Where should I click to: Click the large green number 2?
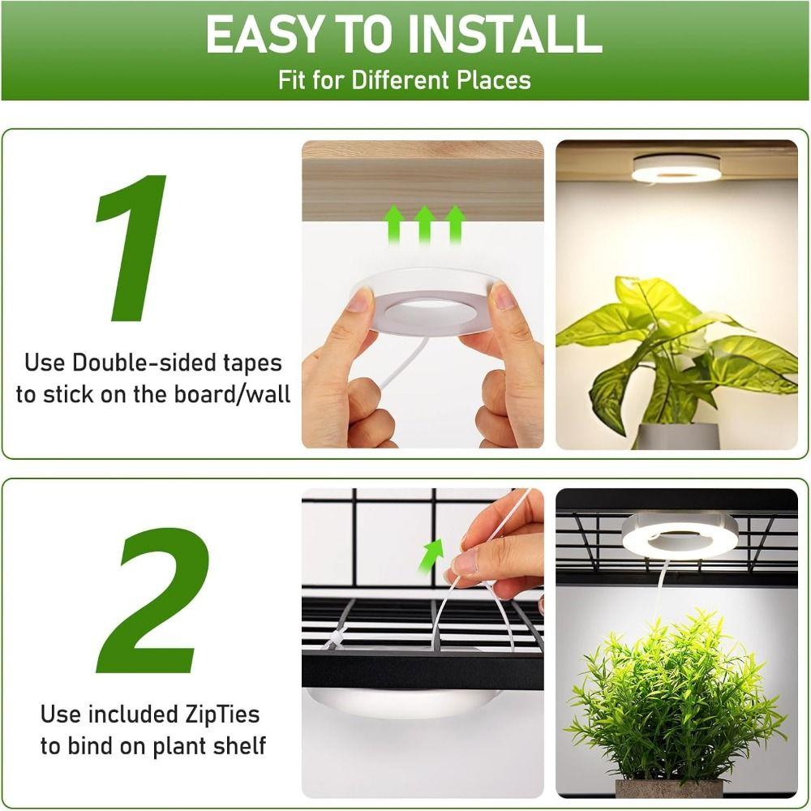pyautogui.click(x=152, y=603)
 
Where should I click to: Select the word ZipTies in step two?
pyautogui.click(x=219, y=714)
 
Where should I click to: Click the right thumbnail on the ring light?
pyautogui.click(x=504, y=297)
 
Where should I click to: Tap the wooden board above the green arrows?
pyautogui.click(x=422, y=178)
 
